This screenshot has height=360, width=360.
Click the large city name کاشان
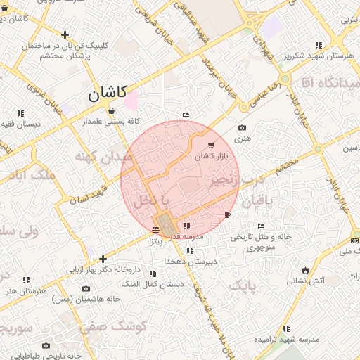pos(107,93)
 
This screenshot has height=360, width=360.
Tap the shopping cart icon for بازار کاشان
pos(212,146)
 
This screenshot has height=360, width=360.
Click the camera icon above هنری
pos(243,128)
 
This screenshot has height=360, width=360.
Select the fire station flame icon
pos(304,270)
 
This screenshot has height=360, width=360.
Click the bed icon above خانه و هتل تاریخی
pos(261,226)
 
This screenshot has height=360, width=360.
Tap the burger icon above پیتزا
pos(155,230)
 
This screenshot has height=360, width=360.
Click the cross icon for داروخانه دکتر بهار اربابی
pos(103,259)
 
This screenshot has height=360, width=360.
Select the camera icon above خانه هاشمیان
pos(86,288)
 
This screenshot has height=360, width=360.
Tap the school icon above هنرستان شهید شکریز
pos(320,44)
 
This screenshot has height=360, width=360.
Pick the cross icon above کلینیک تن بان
pos(65,34)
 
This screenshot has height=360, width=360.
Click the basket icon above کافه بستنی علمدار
pos(111,110)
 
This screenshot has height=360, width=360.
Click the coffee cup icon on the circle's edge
pos(227,214)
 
